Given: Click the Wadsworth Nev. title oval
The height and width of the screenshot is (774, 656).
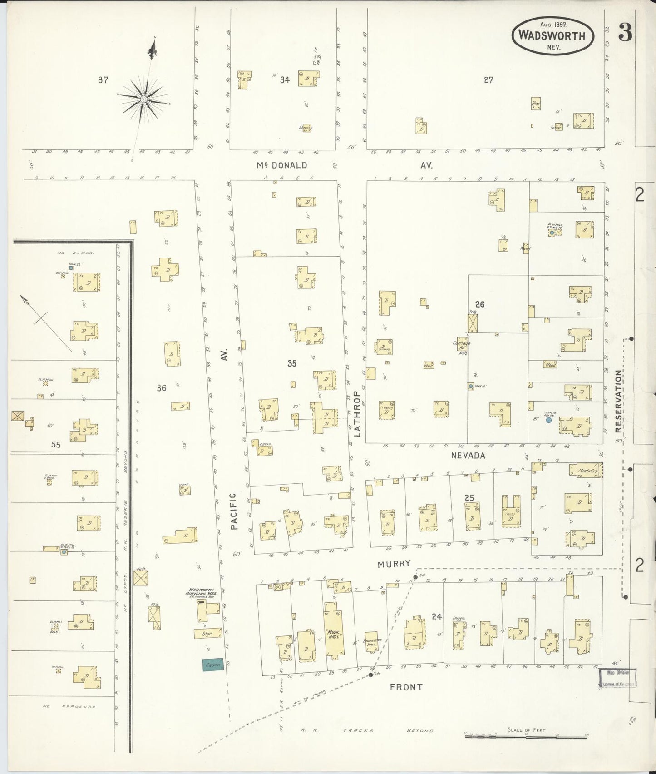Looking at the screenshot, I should (552, 35).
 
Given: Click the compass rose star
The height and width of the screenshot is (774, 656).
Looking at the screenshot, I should (143, 99).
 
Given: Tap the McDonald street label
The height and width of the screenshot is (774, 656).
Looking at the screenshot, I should (282, 165).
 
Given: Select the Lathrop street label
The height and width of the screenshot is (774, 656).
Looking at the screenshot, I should (356, 413).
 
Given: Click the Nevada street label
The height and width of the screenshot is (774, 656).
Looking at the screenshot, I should (468, 455).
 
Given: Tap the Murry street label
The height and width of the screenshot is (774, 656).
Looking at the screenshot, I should (394, 564).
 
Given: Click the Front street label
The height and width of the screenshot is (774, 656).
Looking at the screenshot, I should (406, 687).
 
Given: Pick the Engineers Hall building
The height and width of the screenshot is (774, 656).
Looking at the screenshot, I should (372, 642).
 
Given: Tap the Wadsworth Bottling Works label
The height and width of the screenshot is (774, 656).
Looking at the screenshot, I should (198, 592).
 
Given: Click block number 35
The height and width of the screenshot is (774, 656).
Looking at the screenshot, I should (292, 363).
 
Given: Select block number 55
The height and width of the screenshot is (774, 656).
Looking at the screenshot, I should (55, 445).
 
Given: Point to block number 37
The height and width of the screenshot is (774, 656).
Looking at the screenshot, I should (103, 80).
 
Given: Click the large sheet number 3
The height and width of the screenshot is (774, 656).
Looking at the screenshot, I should (625, 33).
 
